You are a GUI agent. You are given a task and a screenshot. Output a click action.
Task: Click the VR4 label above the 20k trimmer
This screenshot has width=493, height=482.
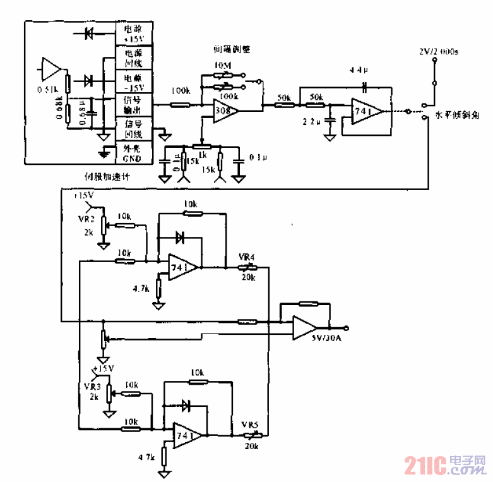246,257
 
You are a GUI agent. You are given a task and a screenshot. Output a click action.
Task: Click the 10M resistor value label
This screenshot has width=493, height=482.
222,66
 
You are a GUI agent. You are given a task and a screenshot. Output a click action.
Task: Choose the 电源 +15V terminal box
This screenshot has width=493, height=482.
133,33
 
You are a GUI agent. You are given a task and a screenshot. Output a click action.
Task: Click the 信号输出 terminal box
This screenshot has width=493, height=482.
133,104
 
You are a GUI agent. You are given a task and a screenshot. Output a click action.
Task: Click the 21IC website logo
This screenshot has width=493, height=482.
446,466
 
